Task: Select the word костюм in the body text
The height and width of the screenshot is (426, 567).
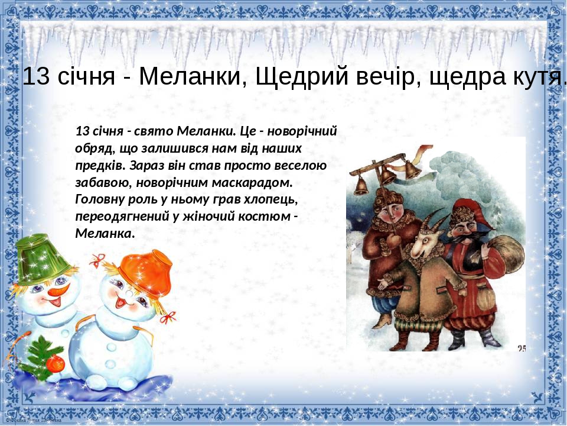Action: (x=263, y=216)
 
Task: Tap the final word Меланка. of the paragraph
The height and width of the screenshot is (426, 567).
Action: (x=105, y=233)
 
